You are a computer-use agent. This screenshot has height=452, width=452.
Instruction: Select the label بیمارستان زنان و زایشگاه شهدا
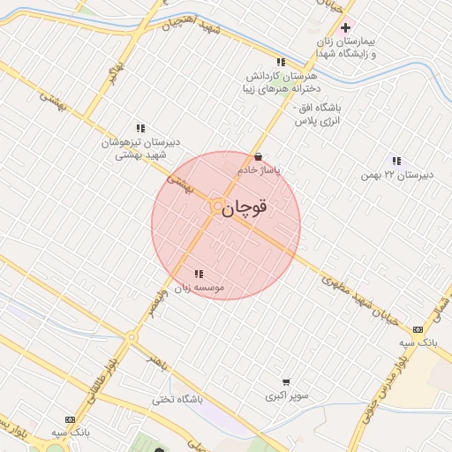(348, 48)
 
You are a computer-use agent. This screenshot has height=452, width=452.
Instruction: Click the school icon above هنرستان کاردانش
(281, 62)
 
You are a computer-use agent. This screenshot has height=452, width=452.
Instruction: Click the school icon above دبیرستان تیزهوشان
(140, 128)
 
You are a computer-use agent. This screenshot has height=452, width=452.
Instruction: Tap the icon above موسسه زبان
(199, 274)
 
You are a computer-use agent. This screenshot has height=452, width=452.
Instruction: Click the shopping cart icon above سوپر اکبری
(286, 382)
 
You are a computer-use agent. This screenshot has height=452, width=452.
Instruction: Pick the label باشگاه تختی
(177, 399)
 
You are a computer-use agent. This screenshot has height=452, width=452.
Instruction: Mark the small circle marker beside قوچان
(217, 207)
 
